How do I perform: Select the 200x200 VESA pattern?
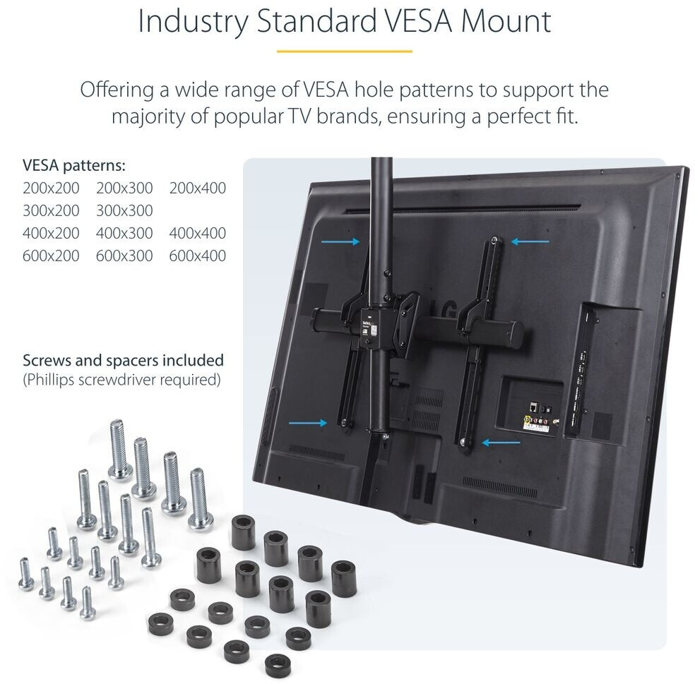tap(51, 188)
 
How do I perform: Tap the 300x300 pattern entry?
tap(124, 211)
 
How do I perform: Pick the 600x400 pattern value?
tap(198, 256)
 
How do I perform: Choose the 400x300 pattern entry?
tap(124, 233)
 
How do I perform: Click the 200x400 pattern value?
tap(198, 188)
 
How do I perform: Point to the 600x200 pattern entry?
tap(51, 256)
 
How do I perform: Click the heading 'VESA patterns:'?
tap(74, 166)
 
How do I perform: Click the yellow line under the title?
tap(344, 51)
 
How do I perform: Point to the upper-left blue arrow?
tap(340, 242)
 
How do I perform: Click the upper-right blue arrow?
tap(530, 242)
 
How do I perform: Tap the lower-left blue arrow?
tap(309, 423)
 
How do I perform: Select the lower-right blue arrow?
tap(501, 443)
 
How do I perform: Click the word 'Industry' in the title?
tap(191, 21)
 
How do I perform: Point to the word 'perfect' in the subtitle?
tap(514, 116)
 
